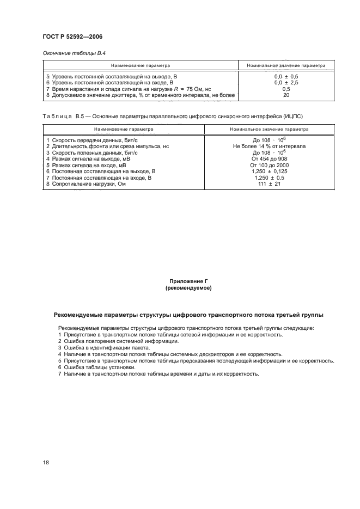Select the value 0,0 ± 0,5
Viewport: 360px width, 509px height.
(x=286, y=77)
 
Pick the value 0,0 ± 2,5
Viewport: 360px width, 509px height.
(x=286, y=83)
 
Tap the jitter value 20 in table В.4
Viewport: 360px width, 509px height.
(x=286, y=95)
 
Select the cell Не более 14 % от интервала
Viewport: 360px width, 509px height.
(x=269, y=146)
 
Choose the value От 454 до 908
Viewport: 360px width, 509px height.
(x=269, y=158)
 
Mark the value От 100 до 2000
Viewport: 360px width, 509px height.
(x=269, y=165)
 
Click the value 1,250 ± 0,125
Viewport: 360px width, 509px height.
(x=269, y=171)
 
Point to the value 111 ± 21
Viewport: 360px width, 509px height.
(x=269, y=183)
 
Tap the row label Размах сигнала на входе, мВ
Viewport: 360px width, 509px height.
(x=82, y=165)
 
